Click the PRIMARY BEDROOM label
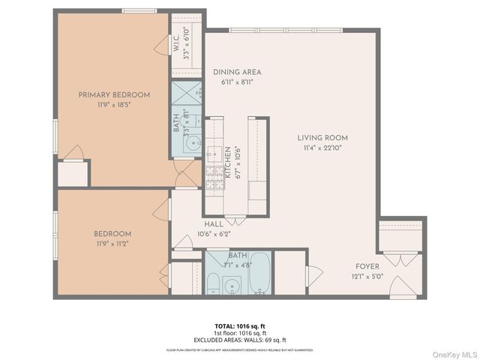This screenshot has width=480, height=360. pos(114,94)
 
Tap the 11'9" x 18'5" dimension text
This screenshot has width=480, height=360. pos(114,105)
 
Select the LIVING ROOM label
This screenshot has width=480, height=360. pos(322,137)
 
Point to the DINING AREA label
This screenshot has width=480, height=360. pos(237,72)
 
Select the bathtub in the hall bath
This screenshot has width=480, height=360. pos(260,275)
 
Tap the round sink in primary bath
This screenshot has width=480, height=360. pos(193,143)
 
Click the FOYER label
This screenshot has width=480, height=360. pos(367,266)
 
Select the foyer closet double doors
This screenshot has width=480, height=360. pos(400,260)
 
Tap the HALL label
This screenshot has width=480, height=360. pos(213,223)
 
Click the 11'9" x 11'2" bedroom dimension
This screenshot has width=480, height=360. pos(112,244)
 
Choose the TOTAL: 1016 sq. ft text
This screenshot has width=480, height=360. pos(239,326)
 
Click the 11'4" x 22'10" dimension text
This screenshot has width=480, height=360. pos(322,148)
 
